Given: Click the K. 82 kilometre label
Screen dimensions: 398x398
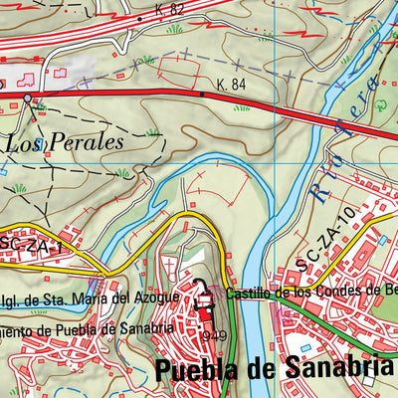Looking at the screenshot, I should click(170, 9).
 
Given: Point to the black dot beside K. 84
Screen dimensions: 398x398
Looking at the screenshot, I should click(202, 94).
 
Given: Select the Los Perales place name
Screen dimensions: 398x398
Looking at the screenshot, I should click(65, 142).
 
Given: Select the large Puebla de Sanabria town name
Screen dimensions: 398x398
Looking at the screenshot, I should click(274, 369).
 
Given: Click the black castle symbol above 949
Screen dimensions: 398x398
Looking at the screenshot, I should click(205, 296).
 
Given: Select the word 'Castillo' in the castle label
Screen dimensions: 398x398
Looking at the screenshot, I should click(249, 293).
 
